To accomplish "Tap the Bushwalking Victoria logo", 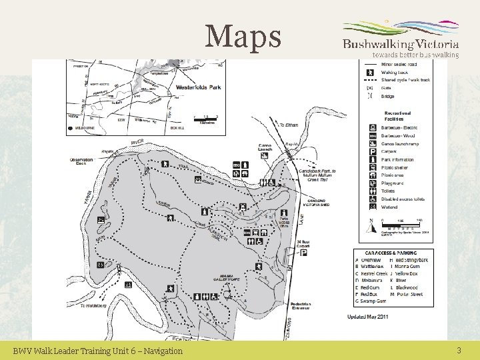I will click(x=400, y=39).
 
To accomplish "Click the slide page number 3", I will click(x=459, y=350).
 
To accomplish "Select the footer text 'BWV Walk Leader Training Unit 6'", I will click(x=97, y=351).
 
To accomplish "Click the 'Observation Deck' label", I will click(x=81, y=161).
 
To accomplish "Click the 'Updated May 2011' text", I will click(x=368, y=317).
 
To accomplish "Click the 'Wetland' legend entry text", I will click(x=389, y=207).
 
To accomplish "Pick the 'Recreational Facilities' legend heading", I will click(x=396, y=116).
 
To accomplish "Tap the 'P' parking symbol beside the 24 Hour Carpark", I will click(x=303, y=253).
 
